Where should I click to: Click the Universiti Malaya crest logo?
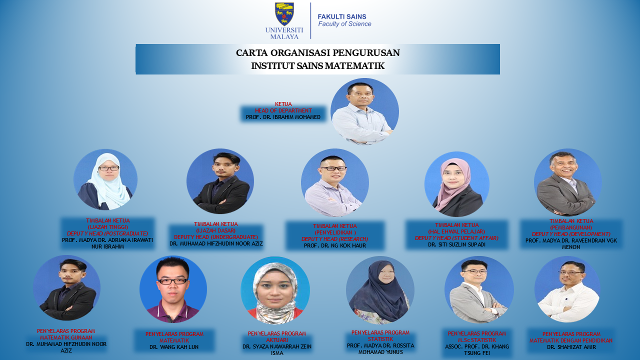tap(284, 14)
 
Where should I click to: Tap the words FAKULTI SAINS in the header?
tap(342, 16)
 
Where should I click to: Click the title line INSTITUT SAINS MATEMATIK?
tap(317, 65)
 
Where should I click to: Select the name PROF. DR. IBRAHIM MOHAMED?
tap(283, 117)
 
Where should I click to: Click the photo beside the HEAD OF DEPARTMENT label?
tap(364, 111)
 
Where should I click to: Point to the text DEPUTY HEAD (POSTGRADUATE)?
tap(107, 233)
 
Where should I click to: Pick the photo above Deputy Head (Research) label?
tap(335, 182)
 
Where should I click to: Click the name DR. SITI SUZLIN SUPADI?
tap(456, 245)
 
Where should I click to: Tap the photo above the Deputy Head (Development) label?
tap(567, 182)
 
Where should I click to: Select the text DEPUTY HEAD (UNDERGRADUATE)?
tap(216, 237)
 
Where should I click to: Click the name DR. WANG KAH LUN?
tap(174, 347)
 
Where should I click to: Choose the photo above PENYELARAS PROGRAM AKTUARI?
tap(275, 290)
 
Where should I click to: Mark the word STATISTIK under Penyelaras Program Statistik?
tap(380, 339)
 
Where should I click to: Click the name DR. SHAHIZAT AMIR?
tap(571, 347)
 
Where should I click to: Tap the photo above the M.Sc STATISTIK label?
tap(479, 290)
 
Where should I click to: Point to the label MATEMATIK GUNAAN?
tap(66, 337)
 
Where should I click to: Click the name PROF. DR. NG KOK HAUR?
tap(335, 245)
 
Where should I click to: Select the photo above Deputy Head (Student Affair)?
tap(457, 184)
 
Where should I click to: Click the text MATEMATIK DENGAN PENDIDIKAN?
tap(571, 340)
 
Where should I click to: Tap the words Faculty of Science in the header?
tap(344, 24)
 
